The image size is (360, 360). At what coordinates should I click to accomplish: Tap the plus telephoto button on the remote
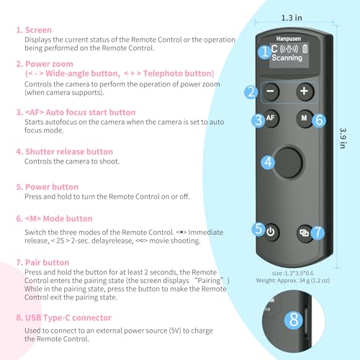pos(304,91)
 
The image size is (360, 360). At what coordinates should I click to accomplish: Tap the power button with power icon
pos(271,232)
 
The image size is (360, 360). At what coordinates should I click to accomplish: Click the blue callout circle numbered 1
pos(264,52)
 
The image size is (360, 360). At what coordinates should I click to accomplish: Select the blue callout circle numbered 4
pos(268,163)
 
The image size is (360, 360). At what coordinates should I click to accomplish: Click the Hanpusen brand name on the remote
pos(287,40)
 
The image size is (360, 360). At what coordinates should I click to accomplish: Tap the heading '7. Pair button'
pos(47,263)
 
